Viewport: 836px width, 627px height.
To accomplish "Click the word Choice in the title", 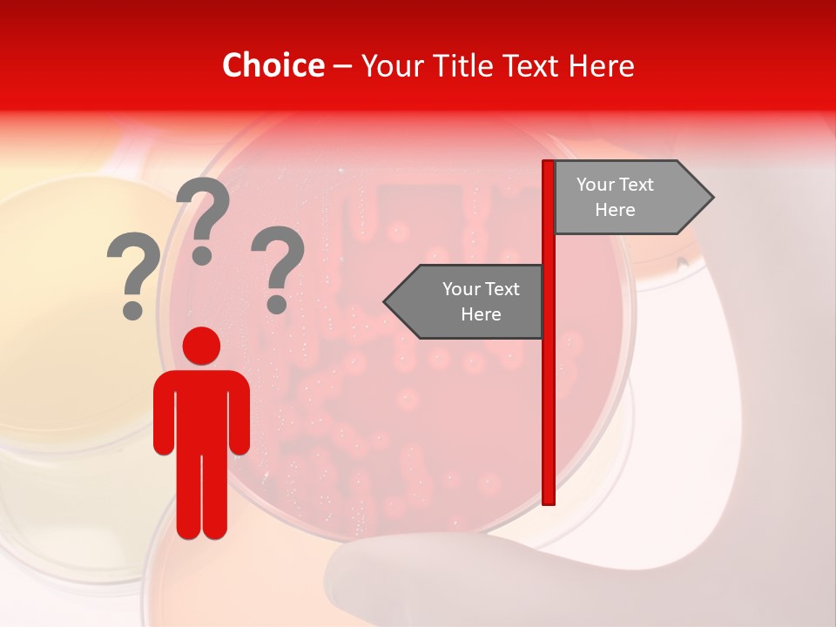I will (x=273, y=65).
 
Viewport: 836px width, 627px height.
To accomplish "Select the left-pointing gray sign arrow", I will (x=470, y=301).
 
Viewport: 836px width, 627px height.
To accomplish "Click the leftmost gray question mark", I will (x=132, y=266).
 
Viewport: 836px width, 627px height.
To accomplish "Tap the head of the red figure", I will (x=201, y=346).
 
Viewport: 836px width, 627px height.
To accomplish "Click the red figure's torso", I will (x=201, y=409).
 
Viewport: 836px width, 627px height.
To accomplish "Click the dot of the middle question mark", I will (x=202, y=255).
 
